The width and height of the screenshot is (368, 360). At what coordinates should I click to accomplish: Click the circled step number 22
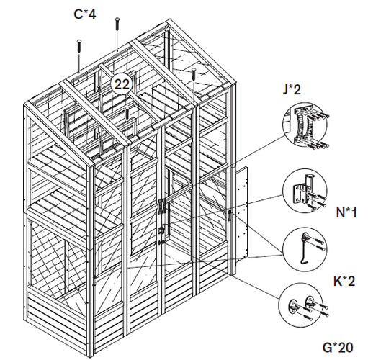[x=122, y=84]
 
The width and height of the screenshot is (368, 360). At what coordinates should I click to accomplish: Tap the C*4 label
[x=85, y=14]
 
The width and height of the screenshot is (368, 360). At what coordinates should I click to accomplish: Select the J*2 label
[x=292, y=89]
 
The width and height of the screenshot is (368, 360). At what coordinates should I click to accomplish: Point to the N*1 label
[x=346, y=212]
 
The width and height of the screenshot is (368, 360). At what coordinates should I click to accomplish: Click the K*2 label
[x=344, y=281]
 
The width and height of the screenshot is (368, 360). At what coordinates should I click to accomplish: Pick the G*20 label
[x=338, y=347]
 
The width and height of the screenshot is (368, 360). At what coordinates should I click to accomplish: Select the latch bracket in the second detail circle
[x=303, y=189]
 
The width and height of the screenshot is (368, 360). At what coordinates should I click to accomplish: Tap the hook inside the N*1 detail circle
[x=303, y=250]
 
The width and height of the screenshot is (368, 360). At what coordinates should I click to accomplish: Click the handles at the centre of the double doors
[x=161, y=207]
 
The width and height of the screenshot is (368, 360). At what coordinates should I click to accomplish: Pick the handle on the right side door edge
[x=230, y=215]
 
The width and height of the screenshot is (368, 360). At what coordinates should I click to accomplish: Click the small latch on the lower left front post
[x=94, y=280]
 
